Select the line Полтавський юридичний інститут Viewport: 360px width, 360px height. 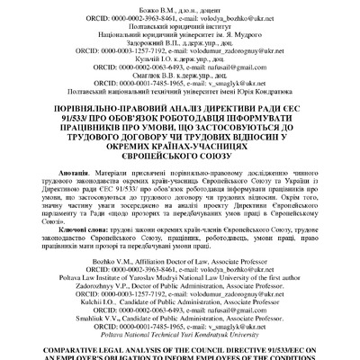pos(179,27)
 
